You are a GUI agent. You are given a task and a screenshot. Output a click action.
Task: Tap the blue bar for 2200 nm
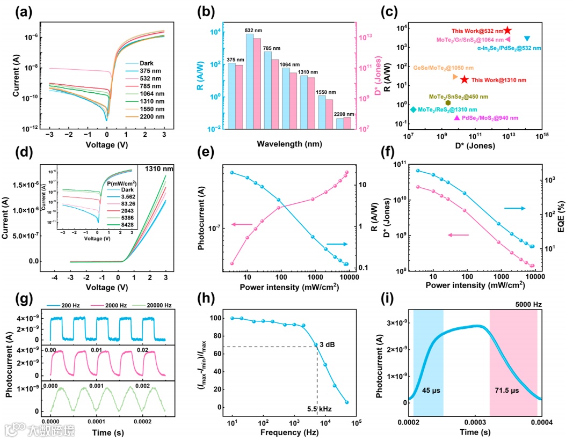[339, 123]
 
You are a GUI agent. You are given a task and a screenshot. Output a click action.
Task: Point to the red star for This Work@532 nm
[507, 31]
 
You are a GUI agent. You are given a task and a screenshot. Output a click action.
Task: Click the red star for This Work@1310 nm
[465, 79]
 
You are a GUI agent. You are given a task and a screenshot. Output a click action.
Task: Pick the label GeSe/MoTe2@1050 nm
[444, 68]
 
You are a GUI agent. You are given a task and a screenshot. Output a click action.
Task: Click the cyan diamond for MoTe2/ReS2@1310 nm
[413, 109]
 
